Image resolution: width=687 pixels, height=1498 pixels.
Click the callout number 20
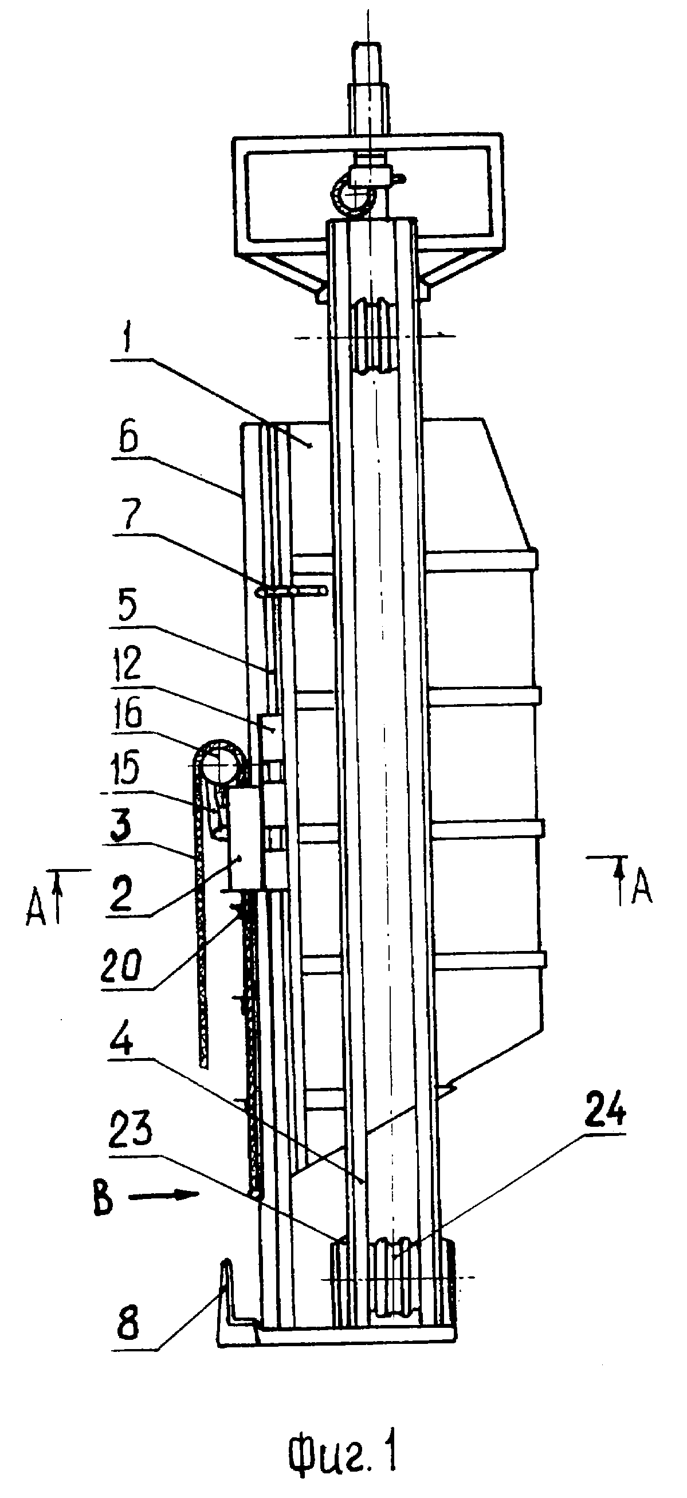tap(121, 966)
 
